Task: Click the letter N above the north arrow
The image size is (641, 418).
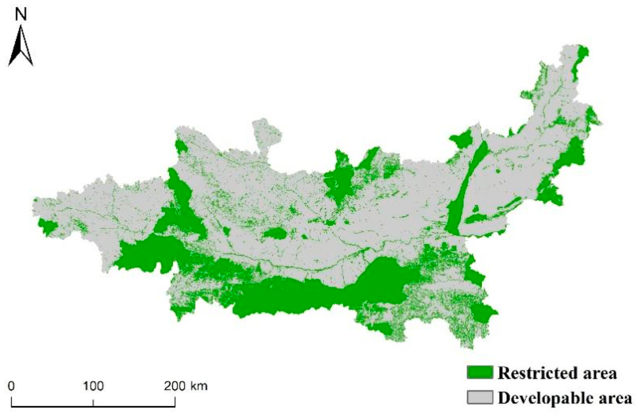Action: [x=21, y=14]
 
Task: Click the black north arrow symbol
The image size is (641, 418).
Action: [x=20, y=47]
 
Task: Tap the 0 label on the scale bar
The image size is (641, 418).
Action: [x=11, y=386]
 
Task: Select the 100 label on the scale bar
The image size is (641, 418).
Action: [x=93, y=386]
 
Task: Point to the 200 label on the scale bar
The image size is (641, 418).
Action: [x=175, y=386]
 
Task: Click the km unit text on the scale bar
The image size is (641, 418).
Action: [x=199, y=386]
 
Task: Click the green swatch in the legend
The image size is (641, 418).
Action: [x=480, y=372]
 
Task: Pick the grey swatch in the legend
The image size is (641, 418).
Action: [x=480, y=397]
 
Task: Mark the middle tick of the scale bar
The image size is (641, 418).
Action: [x=93, y=403]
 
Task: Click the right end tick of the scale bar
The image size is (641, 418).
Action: [x=175, y=402]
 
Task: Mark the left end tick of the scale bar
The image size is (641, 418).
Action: [x=12, y=402]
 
